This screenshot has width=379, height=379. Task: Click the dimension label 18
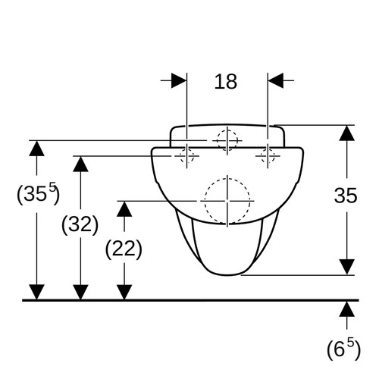coord(226,82)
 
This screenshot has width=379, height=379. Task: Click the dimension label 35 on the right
coord(346,196)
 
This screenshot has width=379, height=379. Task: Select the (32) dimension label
coord(80,224)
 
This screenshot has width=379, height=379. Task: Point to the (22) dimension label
coord(124,249)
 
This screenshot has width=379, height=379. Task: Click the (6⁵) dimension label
coord(343,349)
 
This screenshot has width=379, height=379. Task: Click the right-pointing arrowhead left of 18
coord(179,80)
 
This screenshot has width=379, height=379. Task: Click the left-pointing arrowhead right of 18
coord(276,80)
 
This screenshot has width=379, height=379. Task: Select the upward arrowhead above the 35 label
coord(346,133)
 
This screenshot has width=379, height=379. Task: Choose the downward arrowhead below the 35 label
coord(346,267)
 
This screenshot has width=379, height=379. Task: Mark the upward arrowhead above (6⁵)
coord(346,309)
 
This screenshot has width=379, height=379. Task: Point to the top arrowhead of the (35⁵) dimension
coord(36,149)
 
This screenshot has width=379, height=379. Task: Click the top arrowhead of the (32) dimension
coord(80,164)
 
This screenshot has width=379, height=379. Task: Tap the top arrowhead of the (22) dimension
coord(124,209)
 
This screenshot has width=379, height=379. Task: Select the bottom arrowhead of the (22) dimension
coord(124,293)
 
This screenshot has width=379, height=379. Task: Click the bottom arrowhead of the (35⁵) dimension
coord(36,293)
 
